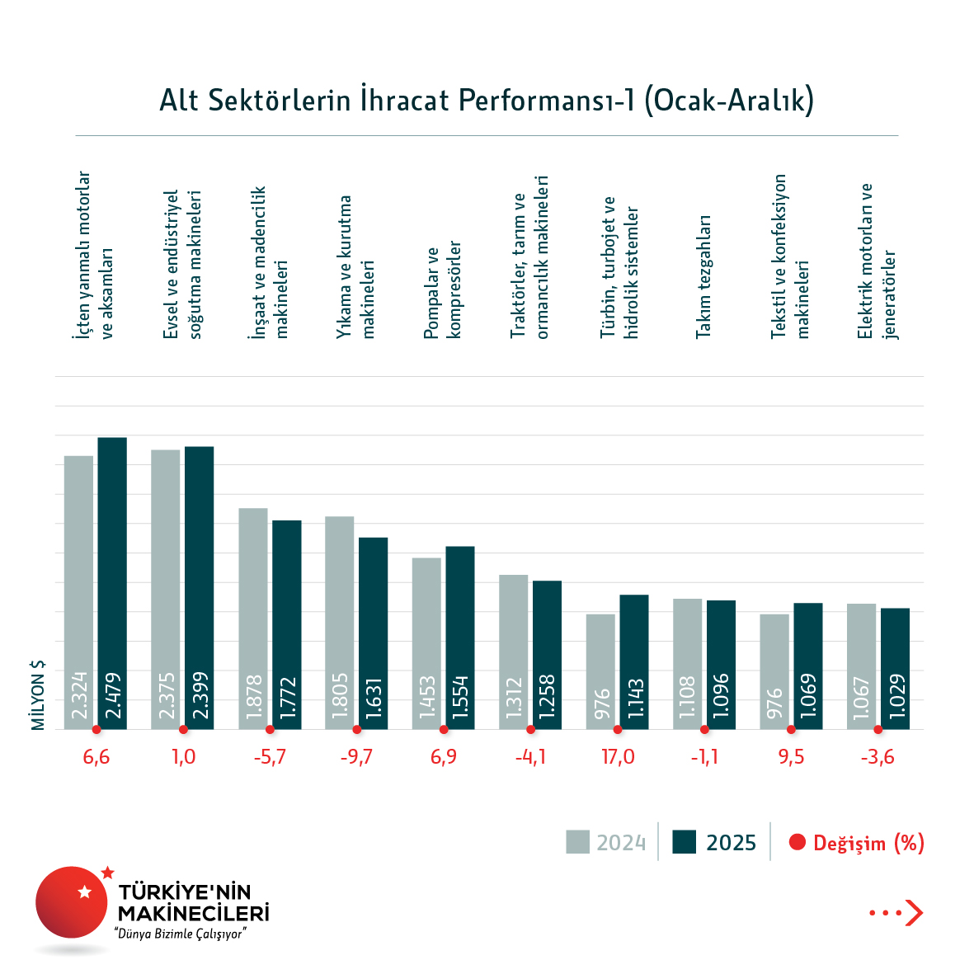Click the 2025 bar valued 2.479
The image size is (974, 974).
[112, 583]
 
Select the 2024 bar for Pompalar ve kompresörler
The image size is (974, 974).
[426, 643]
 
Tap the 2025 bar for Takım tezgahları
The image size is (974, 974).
[721, 665]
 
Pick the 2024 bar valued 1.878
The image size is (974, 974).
[253, 619]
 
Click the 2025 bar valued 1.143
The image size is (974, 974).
[634, 662]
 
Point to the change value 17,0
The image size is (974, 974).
[618, 757]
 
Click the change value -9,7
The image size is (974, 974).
[356, 757]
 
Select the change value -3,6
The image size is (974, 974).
[878, 757]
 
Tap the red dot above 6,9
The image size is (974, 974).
[444, 730]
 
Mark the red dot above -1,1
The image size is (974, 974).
[704, 730]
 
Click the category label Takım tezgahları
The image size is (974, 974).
[703, 276]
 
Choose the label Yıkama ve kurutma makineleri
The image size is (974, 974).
[356, 266]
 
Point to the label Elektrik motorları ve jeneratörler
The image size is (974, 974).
[877, 261]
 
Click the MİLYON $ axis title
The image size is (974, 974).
[38, 695]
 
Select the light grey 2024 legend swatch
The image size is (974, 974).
[577, 842]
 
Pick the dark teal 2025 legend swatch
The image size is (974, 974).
[685, 842]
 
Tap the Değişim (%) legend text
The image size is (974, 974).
[868, 843]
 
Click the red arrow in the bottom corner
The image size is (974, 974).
[914, 913]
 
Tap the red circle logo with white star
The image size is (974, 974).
[72, 901]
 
